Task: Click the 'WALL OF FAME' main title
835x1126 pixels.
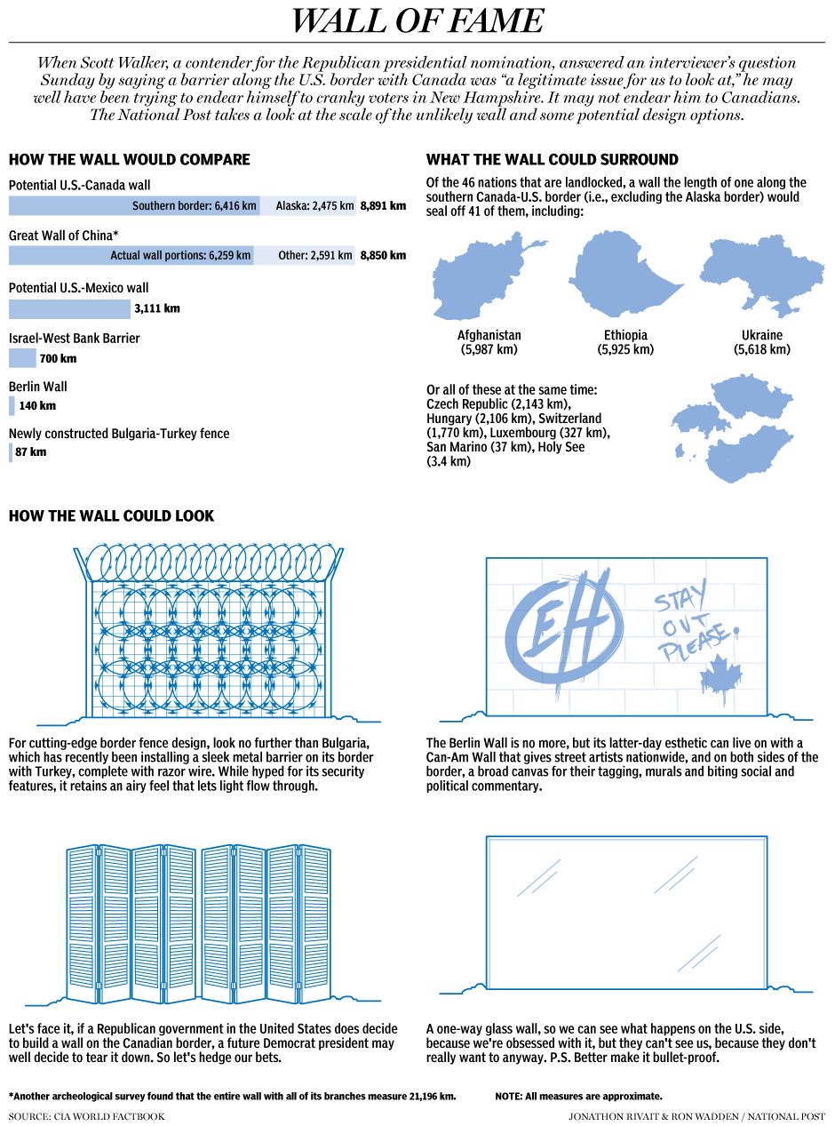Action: pos(417,21)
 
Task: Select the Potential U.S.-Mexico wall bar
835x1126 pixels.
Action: pos(69,309)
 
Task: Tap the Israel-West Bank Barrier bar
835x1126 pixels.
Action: pos(22,358)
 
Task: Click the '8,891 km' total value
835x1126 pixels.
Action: pos(383,206)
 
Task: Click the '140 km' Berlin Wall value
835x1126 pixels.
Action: pos(37,406)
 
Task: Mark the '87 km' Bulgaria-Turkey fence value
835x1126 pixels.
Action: pos(31,452)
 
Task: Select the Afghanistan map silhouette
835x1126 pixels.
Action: pos(487,276)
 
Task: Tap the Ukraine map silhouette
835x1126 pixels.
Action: pos(761,276)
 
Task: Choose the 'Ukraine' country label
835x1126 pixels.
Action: pos(761,335)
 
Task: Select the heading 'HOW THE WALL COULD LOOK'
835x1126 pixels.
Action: pos(111,516)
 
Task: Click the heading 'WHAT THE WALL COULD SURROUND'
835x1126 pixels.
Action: pos(552,160)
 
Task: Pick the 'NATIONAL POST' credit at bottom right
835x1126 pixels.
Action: pos(785,1115)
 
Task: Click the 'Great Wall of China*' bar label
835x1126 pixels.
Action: pos(63,236)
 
